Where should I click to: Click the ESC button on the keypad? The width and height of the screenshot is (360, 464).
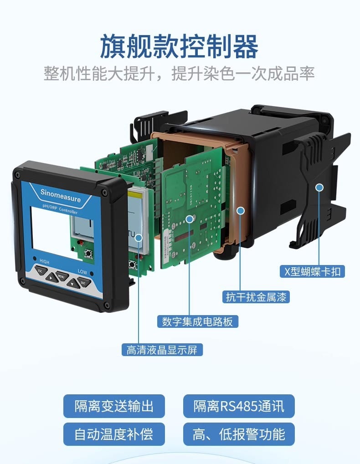coord(41,270)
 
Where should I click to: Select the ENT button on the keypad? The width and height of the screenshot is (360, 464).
coord(84,282)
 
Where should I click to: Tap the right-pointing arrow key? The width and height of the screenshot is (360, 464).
coord(52,278)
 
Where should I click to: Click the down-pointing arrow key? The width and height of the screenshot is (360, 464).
coord(73,284)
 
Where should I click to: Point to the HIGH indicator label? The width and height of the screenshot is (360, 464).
coord(44,261)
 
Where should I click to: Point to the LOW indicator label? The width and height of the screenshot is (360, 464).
coord(82,271)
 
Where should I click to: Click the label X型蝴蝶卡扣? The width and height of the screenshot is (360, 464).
coord(312,271)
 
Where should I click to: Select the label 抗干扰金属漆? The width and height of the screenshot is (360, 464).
coord(256,297)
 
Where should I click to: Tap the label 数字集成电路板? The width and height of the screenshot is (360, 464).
coord(197,321)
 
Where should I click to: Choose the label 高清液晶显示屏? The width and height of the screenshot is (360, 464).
coord(162,350)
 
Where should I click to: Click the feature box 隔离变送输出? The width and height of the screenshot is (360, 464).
coord(114,406)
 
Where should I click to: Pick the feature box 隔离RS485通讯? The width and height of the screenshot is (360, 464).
coord(239,406)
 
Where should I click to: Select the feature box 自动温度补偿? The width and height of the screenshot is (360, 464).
coord(114,434)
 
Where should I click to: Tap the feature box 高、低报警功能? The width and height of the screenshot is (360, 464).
coord(239,434)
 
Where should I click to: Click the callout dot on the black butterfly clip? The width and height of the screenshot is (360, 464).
coord(319,187)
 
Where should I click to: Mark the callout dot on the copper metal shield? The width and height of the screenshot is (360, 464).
coord(241,211)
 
